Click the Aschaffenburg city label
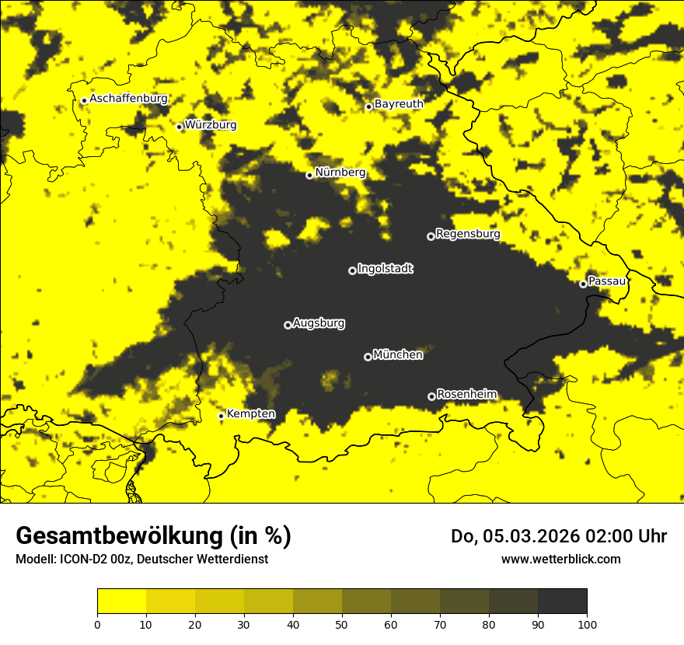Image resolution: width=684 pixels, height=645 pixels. (128, 99)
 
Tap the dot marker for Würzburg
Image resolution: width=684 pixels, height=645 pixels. (180, 127)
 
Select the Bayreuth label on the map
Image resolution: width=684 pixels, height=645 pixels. (399, 103)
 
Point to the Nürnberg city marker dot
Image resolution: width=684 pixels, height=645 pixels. (309, 175)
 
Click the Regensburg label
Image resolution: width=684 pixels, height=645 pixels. (468, 233)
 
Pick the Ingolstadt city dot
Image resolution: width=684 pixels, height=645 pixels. (352, 270)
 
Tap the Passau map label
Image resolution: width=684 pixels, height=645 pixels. (607, 281)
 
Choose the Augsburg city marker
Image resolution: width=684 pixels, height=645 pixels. (288, 325)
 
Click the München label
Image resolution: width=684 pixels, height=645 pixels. (398, 354)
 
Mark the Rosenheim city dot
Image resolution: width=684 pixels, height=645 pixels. (431, 396)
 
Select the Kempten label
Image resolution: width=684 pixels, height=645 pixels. (250, 413)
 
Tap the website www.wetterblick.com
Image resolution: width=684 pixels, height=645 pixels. (561, 559)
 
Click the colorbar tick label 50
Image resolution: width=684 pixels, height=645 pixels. (342, 623)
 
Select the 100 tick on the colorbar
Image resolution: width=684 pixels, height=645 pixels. (587, 623)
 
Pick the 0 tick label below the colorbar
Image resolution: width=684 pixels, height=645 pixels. (97, 623)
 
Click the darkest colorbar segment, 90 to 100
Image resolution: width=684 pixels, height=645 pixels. (562, 601)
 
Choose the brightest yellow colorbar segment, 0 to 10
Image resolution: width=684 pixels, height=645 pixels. (121, 601)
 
